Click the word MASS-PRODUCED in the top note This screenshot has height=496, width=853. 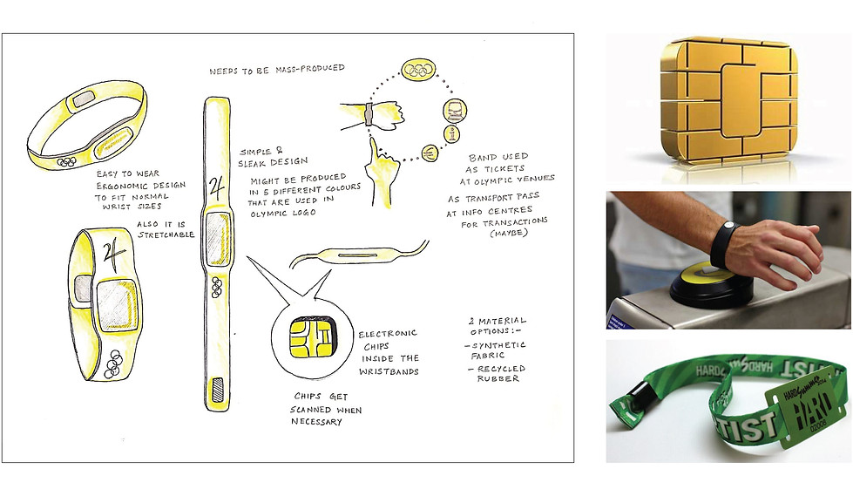coord(310,69)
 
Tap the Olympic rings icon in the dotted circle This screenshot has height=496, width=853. coord(419,69)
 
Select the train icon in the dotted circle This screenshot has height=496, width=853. coord(454,111)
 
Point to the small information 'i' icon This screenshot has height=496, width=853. coord(452,133)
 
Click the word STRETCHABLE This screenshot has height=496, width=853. coord(166,234)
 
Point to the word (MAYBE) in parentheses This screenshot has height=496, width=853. coord(509,233)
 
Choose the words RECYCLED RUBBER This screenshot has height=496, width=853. coord(498,373)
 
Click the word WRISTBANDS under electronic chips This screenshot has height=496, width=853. coord(389,372)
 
